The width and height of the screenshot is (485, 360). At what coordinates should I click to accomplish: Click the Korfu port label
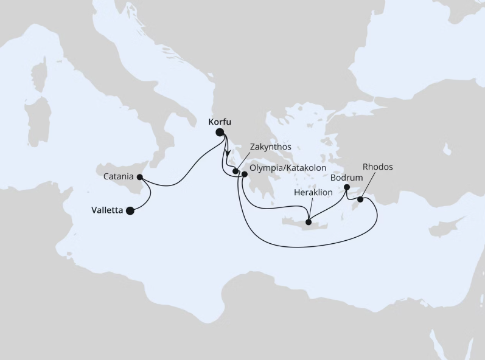(x=222, y=122)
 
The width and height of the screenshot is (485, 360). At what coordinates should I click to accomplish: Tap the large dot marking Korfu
(x=220, y=132)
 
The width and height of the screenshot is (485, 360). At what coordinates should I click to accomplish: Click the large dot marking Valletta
(x=130, y=211)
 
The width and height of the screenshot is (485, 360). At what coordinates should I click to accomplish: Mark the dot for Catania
(x=140, y=178)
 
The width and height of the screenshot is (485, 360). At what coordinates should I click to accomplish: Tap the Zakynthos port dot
(x=236, y=171)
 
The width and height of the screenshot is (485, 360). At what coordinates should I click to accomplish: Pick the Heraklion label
(x=312, y=192)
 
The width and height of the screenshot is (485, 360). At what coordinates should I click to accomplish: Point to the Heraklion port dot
(x=309, y=221)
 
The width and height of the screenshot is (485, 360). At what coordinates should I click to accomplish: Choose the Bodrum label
(x=346, y=178)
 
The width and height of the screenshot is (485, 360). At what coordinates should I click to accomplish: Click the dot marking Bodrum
(x=347, y=187)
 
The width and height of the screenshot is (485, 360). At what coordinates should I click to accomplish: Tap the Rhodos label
(x=378, y=166)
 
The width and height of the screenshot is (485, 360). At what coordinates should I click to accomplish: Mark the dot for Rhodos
(x=360, y=199)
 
